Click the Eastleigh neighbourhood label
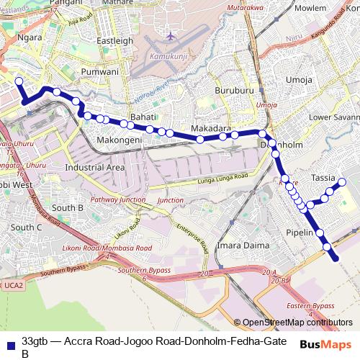click(114, 41)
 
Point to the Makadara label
click(210, 128)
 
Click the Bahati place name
click(143, 116)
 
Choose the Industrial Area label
click(95, 167)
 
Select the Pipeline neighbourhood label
click(299, 233)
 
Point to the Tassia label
click(323, 177)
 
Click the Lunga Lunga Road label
click(222, 177)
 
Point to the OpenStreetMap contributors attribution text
click(297, 322)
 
